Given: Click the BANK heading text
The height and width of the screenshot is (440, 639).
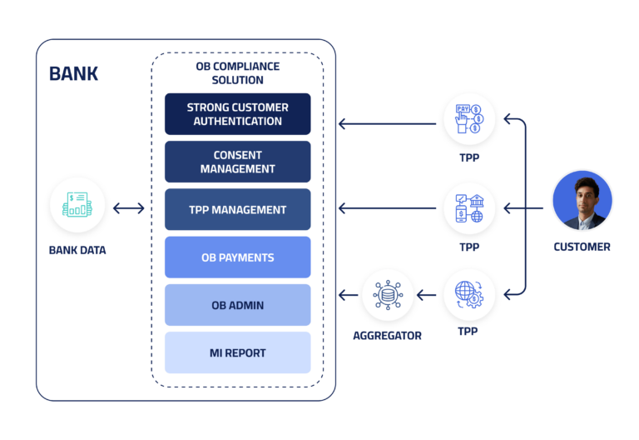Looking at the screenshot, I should (x=73, y=73).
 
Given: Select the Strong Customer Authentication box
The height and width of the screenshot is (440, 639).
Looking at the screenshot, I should (x=237, y=114).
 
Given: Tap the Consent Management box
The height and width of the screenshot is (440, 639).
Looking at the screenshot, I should (x=237, y=162).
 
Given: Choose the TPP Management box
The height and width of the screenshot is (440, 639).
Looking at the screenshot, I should (x=237, y=210).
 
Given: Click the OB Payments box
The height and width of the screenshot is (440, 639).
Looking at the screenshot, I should (x=237, y=257).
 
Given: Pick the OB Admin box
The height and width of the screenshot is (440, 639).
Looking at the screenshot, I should (x=237, y=305).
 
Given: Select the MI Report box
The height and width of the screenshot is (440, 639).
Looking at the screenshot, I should (x=237, y=352).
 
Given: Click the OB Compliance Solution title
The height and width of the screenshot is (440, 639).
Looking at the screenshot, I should (x=238, y=73).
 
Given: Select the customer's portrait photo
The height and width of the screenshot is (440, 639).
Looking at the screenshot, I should (x=582, y=201).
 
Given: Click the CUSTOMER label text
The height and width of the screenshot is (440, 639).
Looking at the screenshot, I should (x=582, y=247).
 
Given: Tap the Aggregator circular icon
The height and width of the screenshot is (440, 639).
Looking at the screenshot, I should (x=387, y=294).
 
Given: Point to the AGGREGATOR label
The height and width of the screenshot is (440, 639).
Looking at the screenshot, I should (x=387, y=335).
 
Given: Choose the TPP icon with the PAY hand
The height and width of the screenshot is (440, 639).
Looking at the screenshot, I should (x=468, y=118).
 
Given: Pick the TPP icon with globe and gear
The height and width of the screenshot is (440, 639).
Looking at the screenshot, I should (x=468, y=294).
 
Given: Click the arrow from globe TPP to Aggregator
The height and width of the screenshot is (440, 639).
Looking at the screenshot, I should (x=428, y=294).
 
